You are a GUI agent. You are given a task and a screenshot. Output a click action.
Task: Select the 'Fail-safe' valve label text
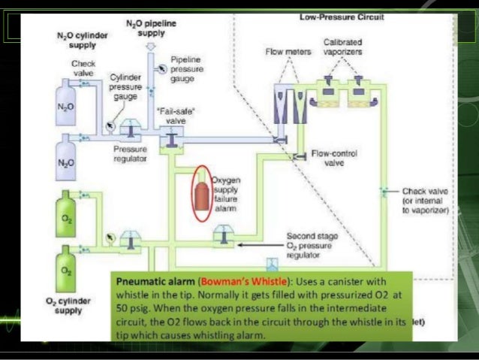click(173, 116)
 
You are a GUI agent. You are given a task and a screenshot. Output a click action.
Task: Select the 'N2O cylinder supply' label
click(81, 39)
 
